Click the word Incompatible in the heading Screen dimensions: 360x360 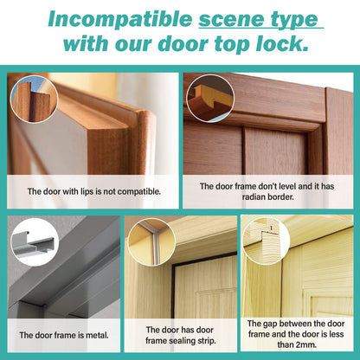pos(120,19)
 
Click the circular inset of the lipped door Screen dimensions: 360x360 pos(34,99)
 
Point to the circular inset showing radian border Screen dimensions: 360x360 pos(210,99)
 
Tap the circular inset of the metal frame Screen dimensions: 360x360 pos(35,242)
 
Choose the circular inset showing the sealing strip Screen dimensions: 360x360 pos(151,242)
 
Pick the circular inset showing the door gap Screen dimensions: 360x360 pos(266,241)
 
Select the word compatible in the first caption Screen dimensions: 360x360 pos(138,192)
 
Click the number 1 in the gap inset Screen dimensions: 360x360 pos(271,228)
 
